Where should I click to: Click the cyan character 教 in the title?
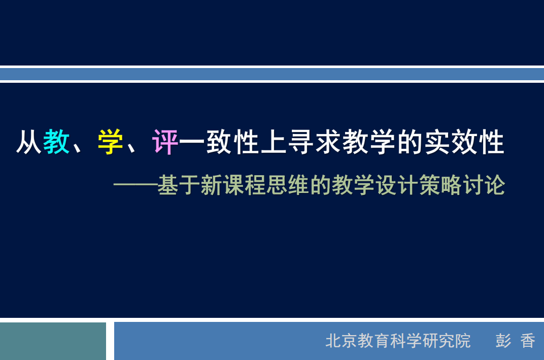coord(56,142)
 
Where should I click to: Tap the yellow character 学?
coord(111,142)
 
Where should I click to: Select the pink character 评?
coord(165,142)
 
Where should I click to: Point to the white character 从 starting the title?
coord(29,142)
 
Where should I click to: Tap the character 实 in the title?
coord(437,142)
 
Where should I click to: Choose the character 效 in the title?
coord(464,142)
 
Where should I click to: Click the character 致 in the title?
coord(220,142)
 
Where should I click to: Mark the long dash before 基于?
coord(135,185)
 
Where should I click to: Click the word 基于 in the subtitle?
coord(179,185)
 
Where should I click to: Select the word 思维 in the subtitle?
coord(288,185)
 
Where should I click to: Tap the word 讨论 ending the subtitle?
coord(484,185)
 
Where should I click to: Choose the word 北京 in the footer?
coord(342,341)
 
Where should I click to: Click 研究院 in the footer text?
coord(447,341)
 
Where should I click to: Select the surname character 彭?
coord(503,341)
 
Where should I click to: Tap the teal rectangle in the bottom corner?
coord(53,341)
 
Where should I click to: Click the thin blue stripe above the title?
coord(272,74)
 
